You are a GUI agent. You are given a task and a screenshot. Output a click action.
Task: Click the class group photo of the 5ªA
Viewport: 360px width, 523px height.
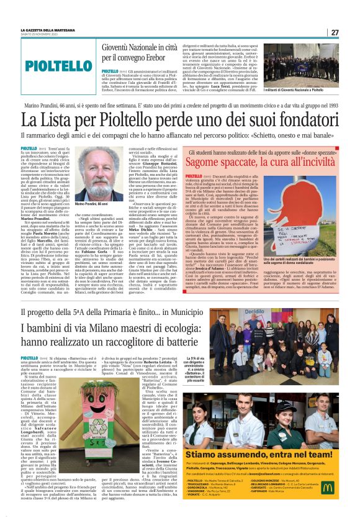pyautogui.click(x=290, y=340)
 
